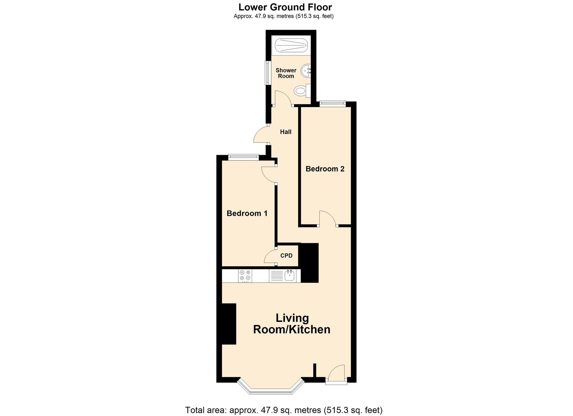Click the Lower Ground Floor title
click(x=285, y=7)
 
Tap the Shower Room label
click(x=286, y=73)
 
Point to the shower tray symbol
click(x=291, y=45)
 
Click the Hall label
click(x=286, y=132)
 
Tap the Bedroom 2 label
click(x=325, y=169)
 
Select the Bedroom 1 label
click(x=247, y=213)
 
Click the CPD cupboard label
click(x=286, y=255)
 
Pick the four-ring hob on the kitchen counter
click(x=245, y=276)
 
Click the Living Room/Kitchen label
click(x=292, y=324)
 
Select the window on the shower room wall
click(x=267, y=73)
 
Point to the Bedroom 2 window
click(x=333, y=104)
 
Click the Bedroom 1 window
click(x=244, y=157)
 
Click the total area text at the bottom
click(x=284, y=410)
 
